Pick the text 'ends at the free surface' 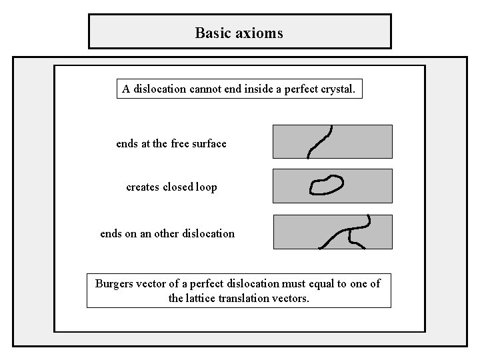[x=171, y=143]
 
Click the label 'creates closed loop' [x=171, y=187]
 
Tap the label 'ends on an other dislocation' [x=167, y=233]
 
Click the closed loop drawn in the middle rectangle [x=327, y=185]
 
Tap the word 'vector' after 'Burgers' [x=153, y=284]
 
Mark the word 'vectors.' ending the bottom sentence [x=292, y=299]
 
